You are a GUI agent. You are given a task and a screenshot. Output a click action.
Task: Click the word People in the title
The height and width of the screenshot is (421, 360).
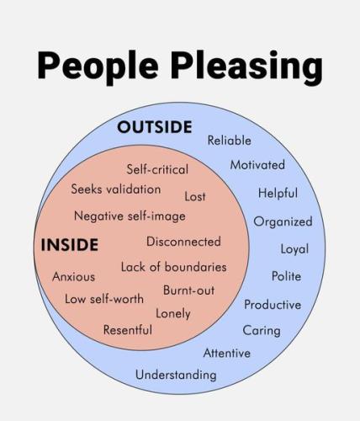click(98, 67)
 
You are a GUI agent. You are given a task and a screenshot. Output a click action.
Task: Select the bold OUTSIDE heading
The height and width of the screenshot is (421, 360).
click(155, 127)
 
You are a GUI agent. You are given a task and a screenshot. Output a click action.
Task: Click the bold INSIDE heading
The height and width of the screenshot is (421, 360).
click(70, 245)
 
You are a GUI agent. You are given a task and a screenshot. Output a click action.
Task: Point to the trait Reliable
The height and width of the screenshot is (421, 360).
click(229, 141)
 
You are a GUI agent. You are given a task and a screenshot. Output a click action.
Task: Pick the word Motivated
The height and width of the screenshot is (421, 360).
click(257, 165)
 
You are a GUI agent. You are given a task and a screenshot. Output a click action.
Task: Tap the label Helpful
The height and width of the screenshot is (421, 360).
click(278, 193)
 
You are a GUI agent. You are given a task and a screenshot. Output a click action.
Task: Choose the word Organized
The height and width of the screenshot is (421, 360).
click(283, 221)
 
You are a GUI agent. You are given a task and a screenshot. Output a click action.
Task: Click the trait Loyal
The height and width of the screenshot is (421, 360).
click(294, 249)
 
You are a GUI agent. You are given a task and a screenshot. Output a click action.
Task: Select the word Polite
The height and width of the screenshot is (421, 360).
click(286, 276)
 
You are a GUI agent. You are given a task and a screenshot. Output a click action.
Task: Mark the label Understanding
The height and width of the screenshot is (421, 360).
click(176, 375)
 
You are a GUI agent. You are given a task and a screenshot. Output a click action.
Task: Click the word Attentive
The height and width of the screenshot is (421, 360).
click(227, 353)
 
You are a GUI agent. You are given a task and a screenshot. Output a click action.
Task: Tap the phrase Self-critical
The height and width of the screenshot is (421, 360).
click(157, 169)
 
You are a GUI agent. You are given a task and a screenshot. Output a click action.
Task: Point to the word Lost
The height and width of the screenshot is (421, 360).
click(195, 196)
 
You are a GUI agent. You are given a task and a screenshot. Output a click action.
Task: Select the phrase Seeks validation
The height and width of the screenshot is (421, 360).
click(116, 189)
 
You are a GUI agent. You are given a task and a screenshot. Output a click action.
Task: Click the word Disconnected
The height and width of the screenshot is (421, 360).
click(183, 242)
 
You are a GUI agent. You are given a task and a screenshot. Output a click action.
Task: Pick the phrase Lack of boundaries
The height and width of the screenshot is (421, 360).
click(173, 267)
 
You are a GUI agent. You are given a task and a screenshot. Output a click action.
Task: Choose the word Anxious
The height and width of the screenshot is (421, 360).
click(73, 277)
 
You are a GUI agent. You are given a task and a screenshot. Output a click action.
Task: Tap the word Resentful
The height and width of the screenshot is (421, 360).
click(128, 330)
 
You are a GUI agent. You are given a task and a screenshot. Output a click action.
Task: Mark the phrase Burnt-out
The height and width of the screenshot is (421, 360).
click(188, 290)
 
